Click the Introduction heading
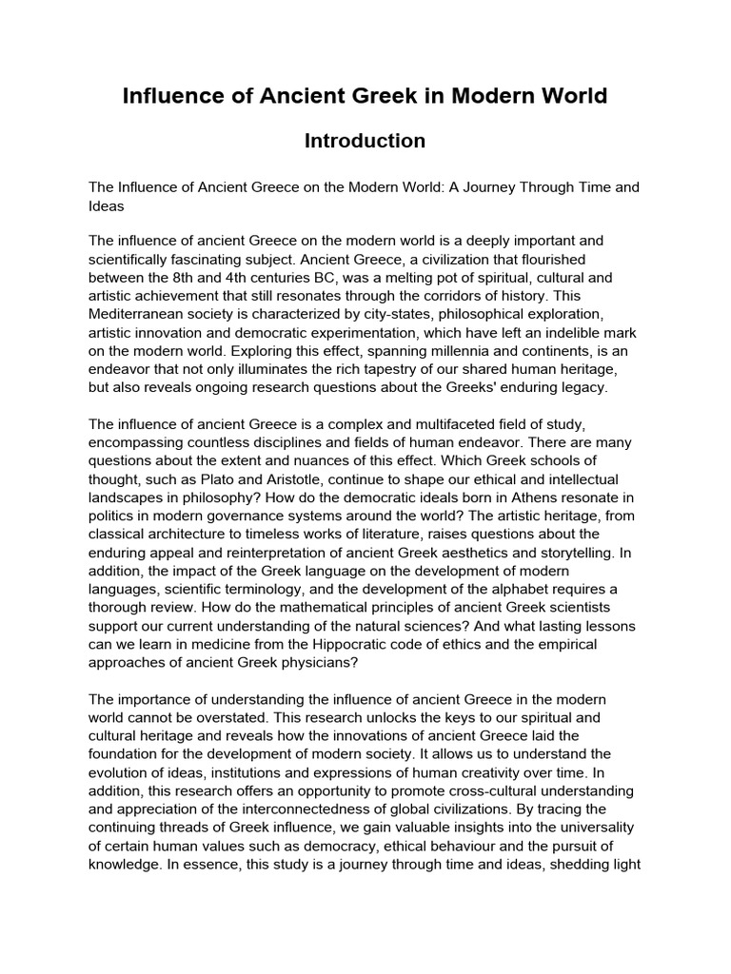[365, 141]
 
